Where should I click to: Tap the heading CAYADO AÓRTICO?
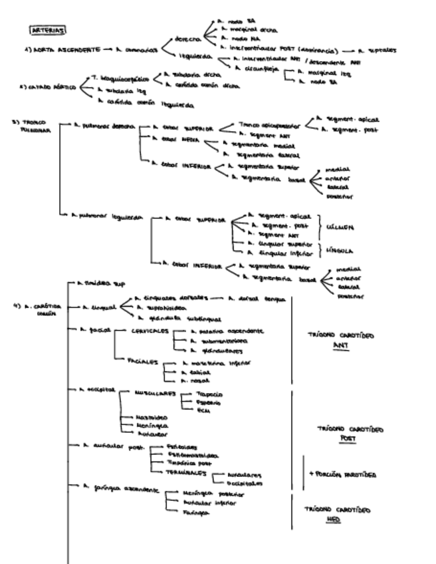(52, 86)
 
